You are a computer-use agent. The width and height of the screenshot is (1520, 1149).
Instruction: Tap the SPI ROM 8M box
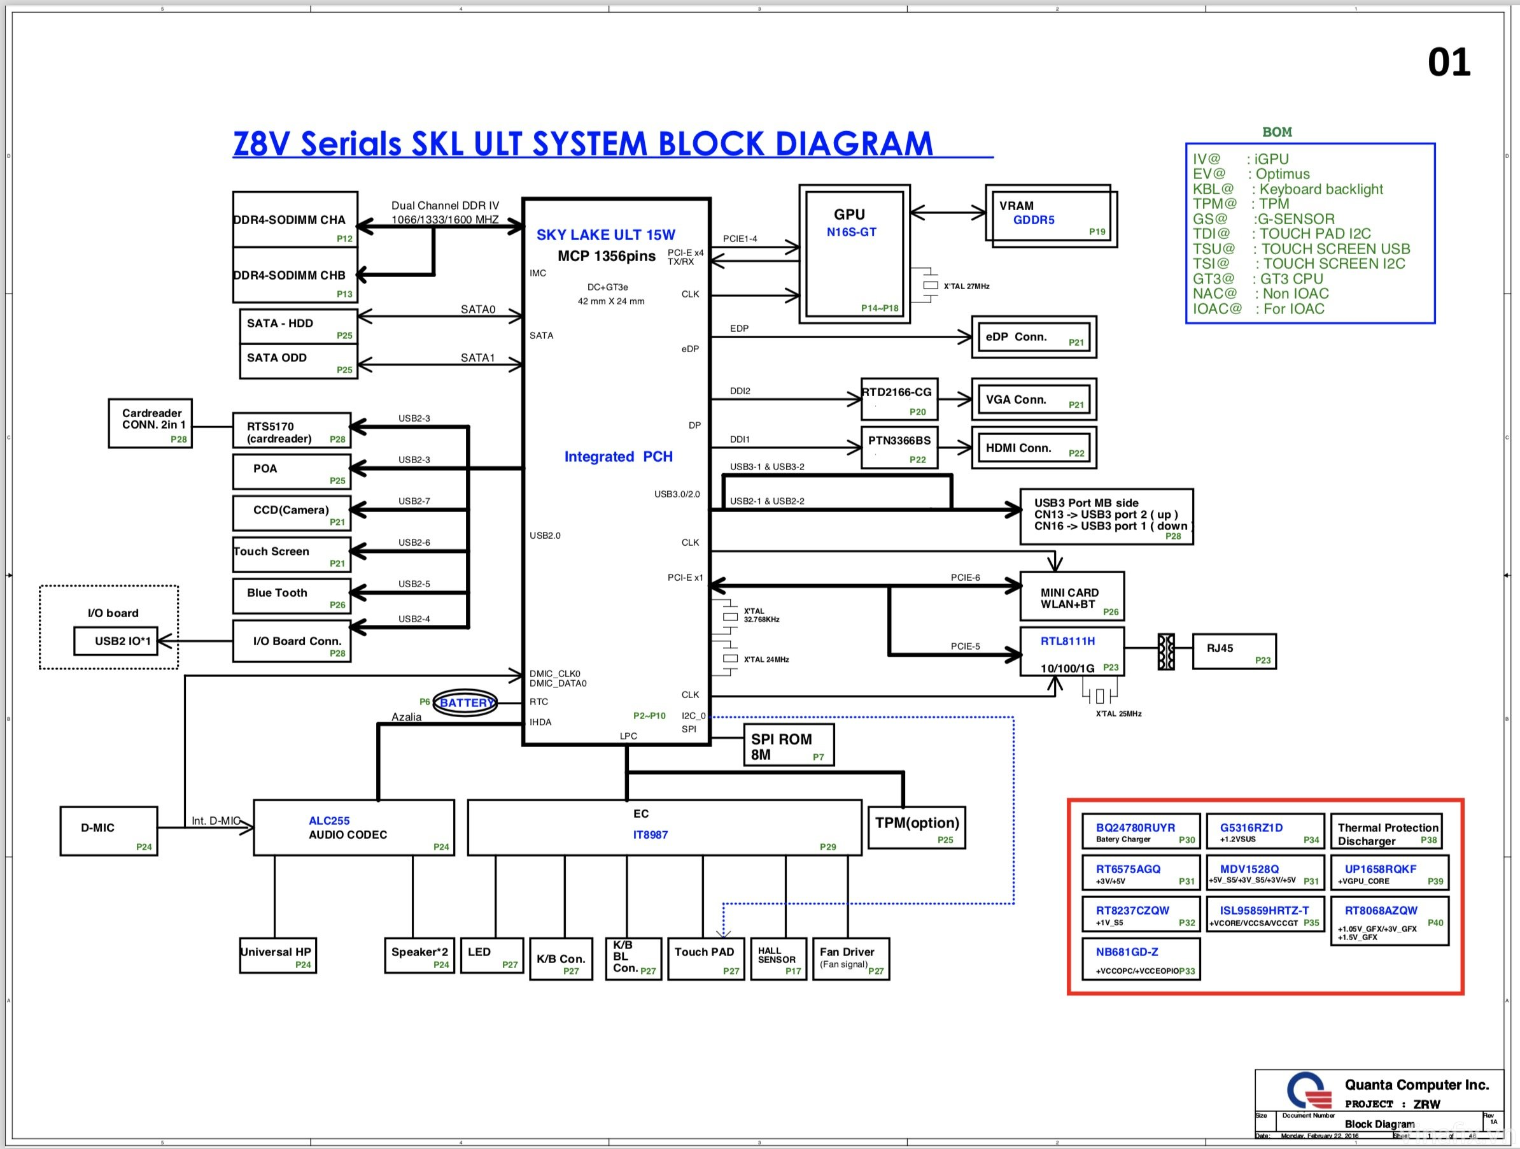788,745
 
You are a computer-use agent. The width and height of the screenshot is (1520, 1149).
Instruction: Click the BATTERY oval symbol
465,703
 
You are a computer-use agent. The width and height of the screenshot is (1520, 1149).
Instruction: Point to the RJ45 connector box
1234,651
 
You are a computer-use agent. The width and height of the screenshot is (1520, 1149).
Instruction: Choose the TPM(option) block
916,828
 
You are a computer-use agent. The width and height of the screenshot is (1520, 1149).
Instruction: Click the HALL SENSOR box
777,959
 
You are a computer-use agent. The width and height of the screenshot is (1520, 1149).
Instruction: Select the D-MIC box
109,831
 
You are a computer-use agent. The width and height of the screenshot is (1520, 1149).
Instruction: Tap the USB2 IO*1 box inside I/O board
115,641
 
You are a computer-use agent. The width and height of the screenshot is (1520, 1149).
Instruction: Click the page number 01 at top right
1448,62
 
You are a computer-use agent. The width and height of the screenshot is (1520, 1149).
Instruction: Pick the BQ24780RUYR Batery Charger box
1140,831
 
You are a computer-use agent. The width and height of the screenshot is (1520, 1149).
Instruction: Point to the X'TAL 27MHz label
966,286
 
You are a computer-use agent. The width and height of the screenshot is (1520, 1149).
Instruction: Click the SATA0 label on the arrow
477,309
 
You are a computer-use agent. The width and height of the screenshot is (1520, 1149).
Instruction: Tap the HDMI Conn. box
1033,448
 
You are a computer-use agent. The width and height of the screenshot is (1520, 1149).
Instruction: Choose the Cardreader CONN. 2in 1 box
150,423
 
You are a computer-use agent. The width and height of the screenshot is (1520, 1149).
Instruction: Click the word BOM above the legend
1277,132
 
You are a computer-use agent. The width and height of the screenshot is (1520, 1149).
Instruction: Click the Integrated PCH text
618,457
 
